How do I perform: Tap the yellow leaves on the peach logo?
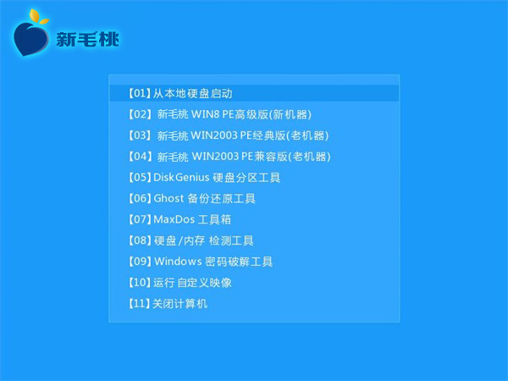tap(39, 17)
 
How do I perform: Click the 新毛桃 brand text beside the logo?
tap(88, 39)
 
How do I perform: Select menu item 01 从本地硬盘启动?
tap(180, 93)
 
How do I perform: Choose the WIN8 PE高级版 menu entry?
tap(219, 114)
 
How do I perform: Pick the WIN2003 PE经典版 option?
tap(229, 135)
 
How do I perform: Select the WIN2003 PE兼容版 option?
tap(229, 157)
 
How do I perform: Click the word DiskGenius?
tap(181, 177)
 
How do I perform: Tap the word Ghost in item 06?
tap(168, 198)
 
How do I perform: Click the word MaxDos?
tap(174, 219)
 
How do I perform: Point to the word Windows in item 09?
tap(178, 261)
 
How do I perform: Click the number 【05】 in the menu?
tap(140, 178)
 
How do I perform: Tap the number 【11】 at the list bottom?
tap(140, 304)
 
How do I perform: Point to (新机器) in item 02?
tap(290, 114)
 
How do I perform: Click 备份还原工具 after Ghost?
tap(221, 198)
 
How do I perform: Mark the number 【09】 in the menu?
tap(140, 262)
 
